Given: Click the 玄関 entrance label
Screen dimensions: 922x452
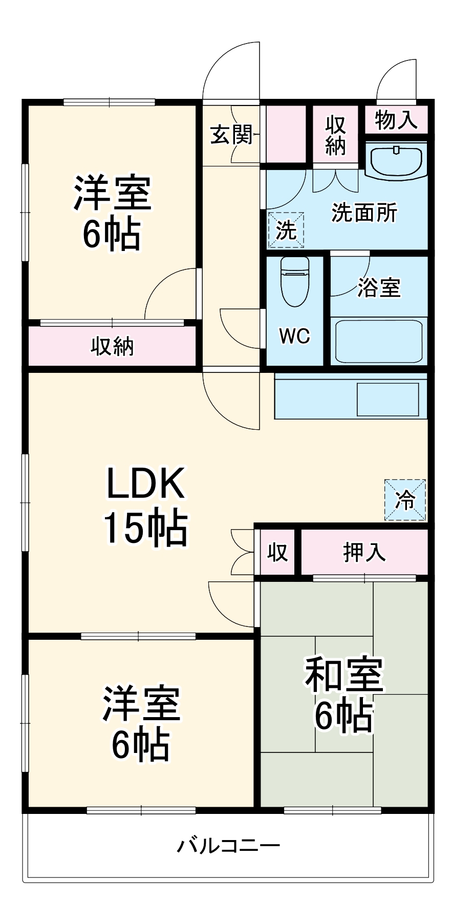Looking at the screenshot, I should (231, 135).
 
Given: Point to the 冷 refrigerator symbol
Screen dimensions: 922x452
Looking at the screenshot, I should (405, 500).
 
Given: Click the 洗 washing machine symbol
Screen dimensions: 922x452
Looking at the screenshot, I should (286, 230).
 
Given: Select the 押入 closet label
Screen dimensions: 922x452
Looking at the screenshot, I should (364, 552).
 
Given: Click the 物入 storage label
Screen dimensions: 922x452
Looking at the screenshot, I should (396, 120).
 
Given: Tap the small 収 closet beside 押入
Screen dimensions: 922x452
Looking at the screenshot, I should (277, 552).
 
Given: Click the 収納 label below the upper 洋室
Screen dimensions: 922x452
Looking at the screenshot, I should (112, 346).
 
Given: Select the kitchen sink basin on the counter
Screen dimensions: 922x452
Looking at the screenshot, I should (388, 399).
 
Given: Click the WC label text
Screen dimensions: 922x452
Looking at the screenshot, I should (294, 336).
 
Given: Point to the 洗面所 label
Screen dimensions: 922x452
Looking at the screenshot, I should (364, 213).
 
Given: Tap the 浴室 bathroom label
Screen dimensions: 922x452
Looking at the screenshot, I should (379, 287).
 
